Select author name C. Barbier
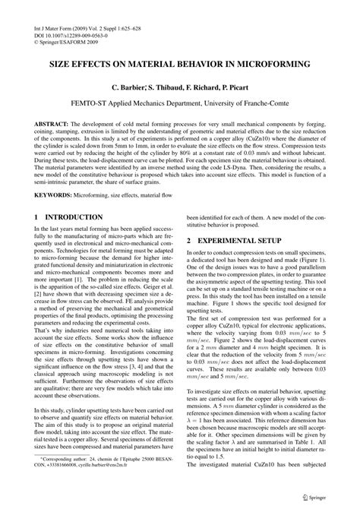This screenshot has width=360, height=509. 131,88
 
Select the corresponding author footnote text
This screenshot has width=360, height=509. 106,485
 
